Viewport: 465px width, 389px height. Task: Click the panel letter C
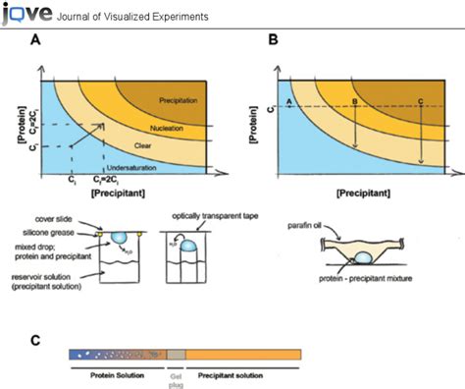[x=35, y=341]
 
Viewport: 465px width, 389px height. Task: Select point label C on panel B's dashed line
[x=421, y=101]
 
